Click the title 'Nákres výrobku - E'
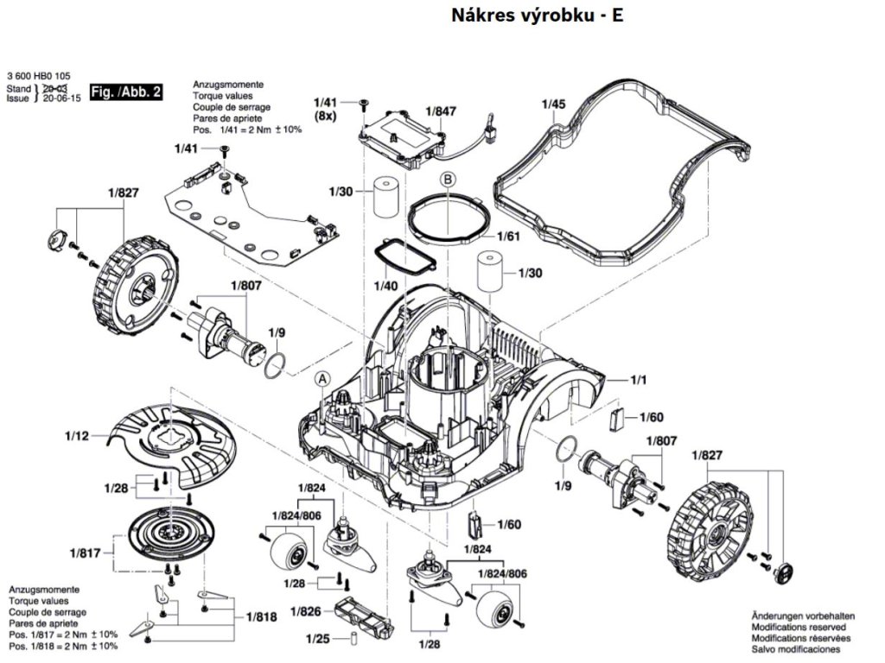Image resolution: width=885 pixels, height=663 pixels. tap(537, 16)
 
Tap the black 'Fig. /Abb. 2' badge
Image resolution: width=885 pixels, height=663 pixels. tap(126, 92)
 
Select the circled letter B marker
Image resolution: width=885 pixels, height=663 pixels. tap(449, 180)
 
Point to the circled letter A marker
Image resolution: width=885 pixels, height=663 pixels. tap(322, 379)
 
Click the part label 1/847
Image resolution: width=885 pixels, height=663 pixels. tap(441, 111)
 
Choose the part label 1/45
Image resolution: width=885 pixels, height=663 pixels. tap(553, 104)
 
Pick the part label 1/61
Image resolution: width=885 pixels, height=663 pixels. tap(508, 237)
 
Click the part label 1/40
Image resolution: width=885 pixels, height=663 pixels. tap(385, 286)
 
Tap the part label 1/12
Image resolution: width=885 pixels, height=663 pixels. tap(77, 436)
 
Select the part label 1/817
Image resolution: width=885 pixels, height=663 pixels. tap(86, 553)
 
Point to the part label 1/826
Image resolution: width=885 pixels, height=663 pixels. tap(305, 612)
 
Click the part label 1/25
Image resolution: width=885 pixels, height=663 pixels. tap(318, 639)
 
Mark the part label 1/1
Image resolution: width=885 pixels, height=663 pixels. tap(639, 380)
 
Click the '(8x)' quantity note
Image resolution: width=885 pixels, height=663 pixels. tap(325, 117)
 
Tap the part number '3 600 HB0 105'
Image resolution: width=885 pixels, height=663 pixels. tap(39, 76)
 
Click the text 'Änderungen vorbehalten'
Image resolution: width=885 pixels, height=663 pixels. tap(803, 616)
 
